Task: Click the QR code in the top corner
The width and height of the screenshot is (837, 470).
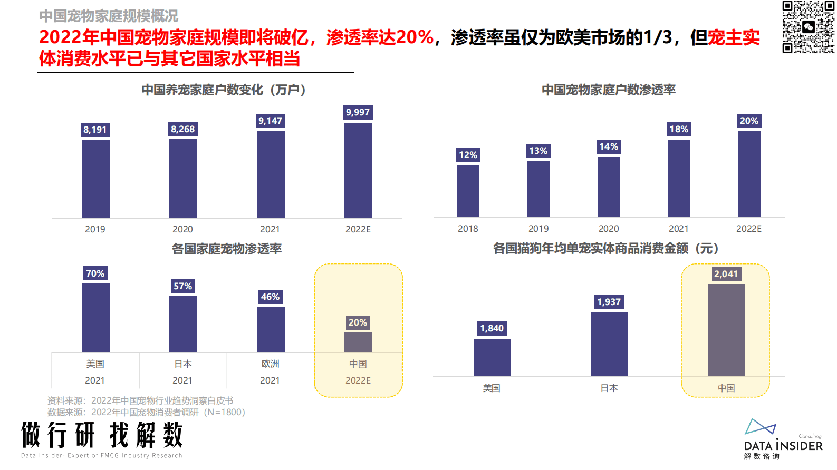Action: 808,27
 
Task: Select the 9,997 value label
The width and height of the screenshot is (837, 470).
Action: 358,112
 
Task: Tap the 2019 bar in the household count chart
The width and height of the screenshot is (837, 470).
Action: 95,179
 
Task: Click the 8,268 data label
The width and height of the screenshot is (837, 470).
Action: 182,129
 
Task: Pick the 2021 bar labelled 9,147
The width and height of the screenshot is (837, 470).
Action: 271,174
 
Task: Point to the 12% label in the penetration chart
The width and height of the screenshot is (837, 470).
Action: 468,155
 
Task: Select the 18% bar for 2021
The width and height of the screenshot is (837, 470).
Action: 679,178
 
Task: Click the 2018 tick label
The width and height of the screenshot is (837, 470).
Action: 468,229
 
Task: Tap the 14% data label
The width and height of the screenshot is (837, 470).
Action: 609,146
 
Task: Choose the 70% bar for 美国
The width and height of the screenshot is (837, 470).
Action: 95,317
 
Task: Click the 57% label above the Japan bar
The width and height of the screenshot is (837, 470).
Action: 182,286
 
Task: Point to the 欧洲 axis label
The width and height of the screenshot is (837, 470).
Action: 270,364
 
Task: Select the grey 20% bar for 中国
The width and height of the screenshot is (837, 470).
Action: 358,342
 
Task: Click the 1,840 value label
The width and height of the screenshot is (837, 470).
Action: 492,328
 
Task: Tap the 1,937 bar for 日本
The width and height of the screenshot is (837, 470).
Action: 609,344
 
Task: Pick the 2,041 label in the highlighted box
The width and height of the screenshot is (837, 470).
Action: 726,274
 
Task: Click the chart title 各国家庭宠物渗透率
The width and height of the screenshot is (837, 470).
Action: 227,249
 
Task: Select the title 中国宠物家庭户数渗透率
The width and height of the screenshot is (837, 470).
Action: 609,90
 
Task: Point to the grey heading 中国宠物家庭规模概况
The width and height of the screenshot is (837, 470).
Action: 109,16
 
